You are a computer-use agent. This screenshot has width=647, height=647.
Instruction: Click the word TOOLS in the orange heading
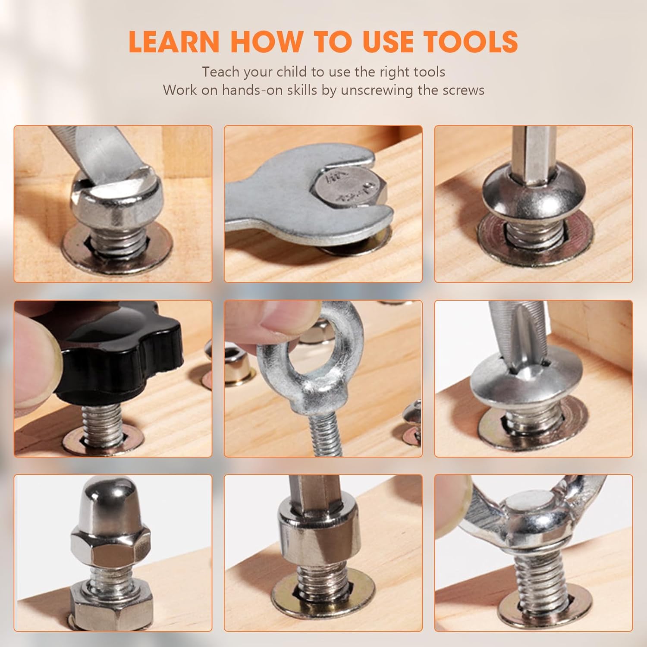[x=470, y=42]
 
